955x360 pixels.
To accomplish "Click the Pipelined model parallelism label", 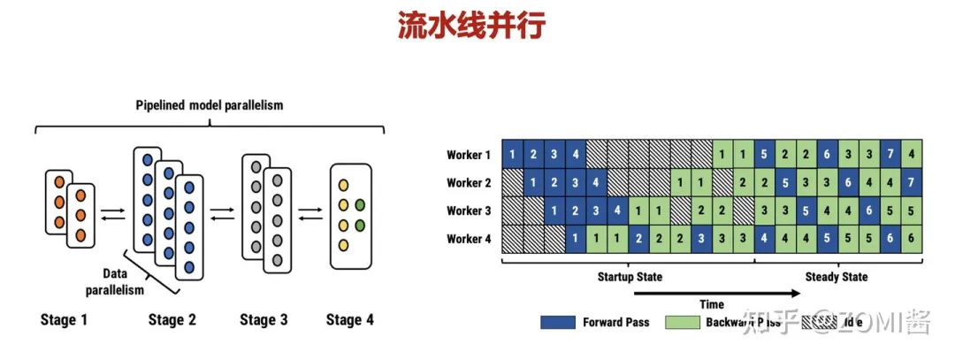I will point(210,106).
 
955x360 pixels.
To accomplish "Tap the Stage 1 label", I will point(65,319).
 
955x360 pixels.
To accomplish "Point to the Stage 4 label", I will point(349,319).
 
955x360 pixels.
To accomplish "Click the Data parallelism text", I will point(113,282).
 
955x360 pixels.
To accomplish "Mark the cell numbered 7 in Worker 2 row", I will point(913,183).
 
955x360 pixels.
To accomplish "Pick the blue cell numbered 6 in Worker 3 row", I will point(870,211).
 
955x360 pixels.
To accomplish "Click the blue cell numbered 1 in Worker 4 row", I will point(575,238).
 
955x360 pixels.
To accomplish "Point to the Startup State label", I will point(630,277).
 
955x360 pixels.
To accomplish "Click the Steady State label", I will point(836,277).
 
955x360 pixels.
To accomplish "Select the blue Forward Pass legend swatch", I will point(557,322).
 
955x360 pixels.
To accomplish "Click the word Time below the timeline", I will point(712,304).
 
